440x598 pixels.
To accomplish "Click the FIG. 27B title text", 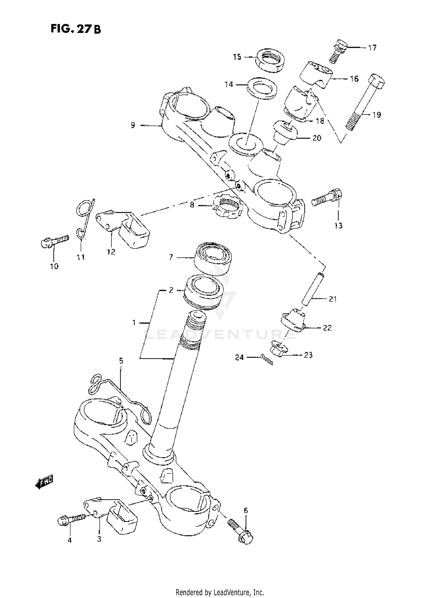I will (x=76, y=29).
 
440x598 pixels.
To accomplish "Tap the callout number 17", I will (x=372, y=48).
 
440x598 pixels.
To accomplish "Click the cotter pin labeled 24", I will (x=267, y=359).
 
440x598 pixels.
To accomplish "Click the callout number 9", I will (x=133, y=126).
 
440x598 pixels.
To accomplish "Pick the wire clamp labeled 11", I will (x=84, y=217).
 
